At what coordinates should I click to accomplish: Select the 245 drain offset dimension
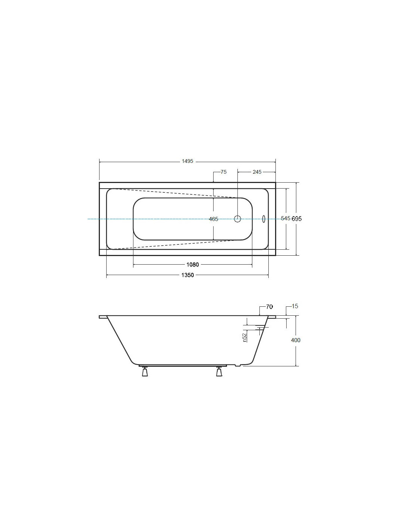pyautogui.click(x=257, y=172)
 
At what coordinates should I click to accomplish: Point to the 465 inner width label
pyautogui.click(x=214, y=219)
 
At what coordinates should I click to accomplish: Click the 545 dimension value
pyautogui.click(x=286, y=218)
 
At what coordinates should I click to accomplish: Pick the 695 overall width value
pyautogui.click(x=297, y=219)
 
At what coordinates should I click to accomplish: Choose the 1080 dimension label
pyautogui.click(x=192, y=265)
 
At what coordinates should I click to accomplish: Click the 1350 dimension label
pyautogui.click(x=187, y=275)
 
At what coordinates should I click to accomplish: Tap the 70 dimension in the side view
pyautogui.click(x=269, y=307)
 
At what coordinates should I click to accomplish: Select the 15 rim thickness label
pyautogui.click(x=295, y=306)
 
